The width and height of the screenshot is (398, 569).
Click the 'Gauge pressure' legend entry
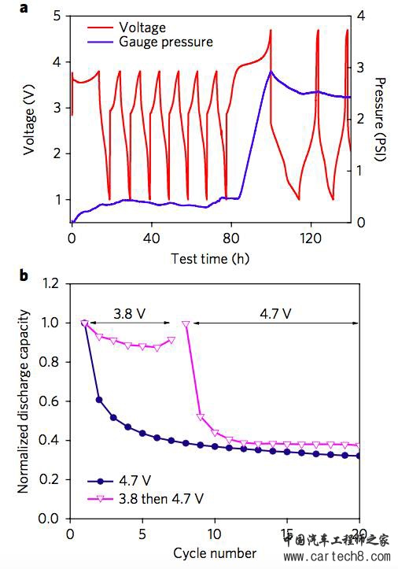click(164, 41)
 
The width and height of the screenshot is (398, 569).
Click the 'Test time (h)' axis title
click(211, 257)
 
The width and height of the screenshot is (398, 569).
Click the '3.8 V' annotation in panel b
click(127, 312)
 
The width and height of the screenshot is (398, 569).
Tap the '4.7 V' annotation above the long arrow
click(276, 312)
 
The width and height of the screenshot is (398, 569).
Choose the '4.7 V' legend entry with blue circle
click(129, 479)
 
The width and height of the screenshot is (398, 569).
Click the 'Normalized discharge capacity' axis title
click(23, 398)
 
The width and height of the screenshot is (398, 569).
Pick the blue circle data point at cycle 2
click(99, 399)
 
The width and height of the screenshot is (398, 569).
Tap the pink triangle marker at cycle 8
click(186, 323)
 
